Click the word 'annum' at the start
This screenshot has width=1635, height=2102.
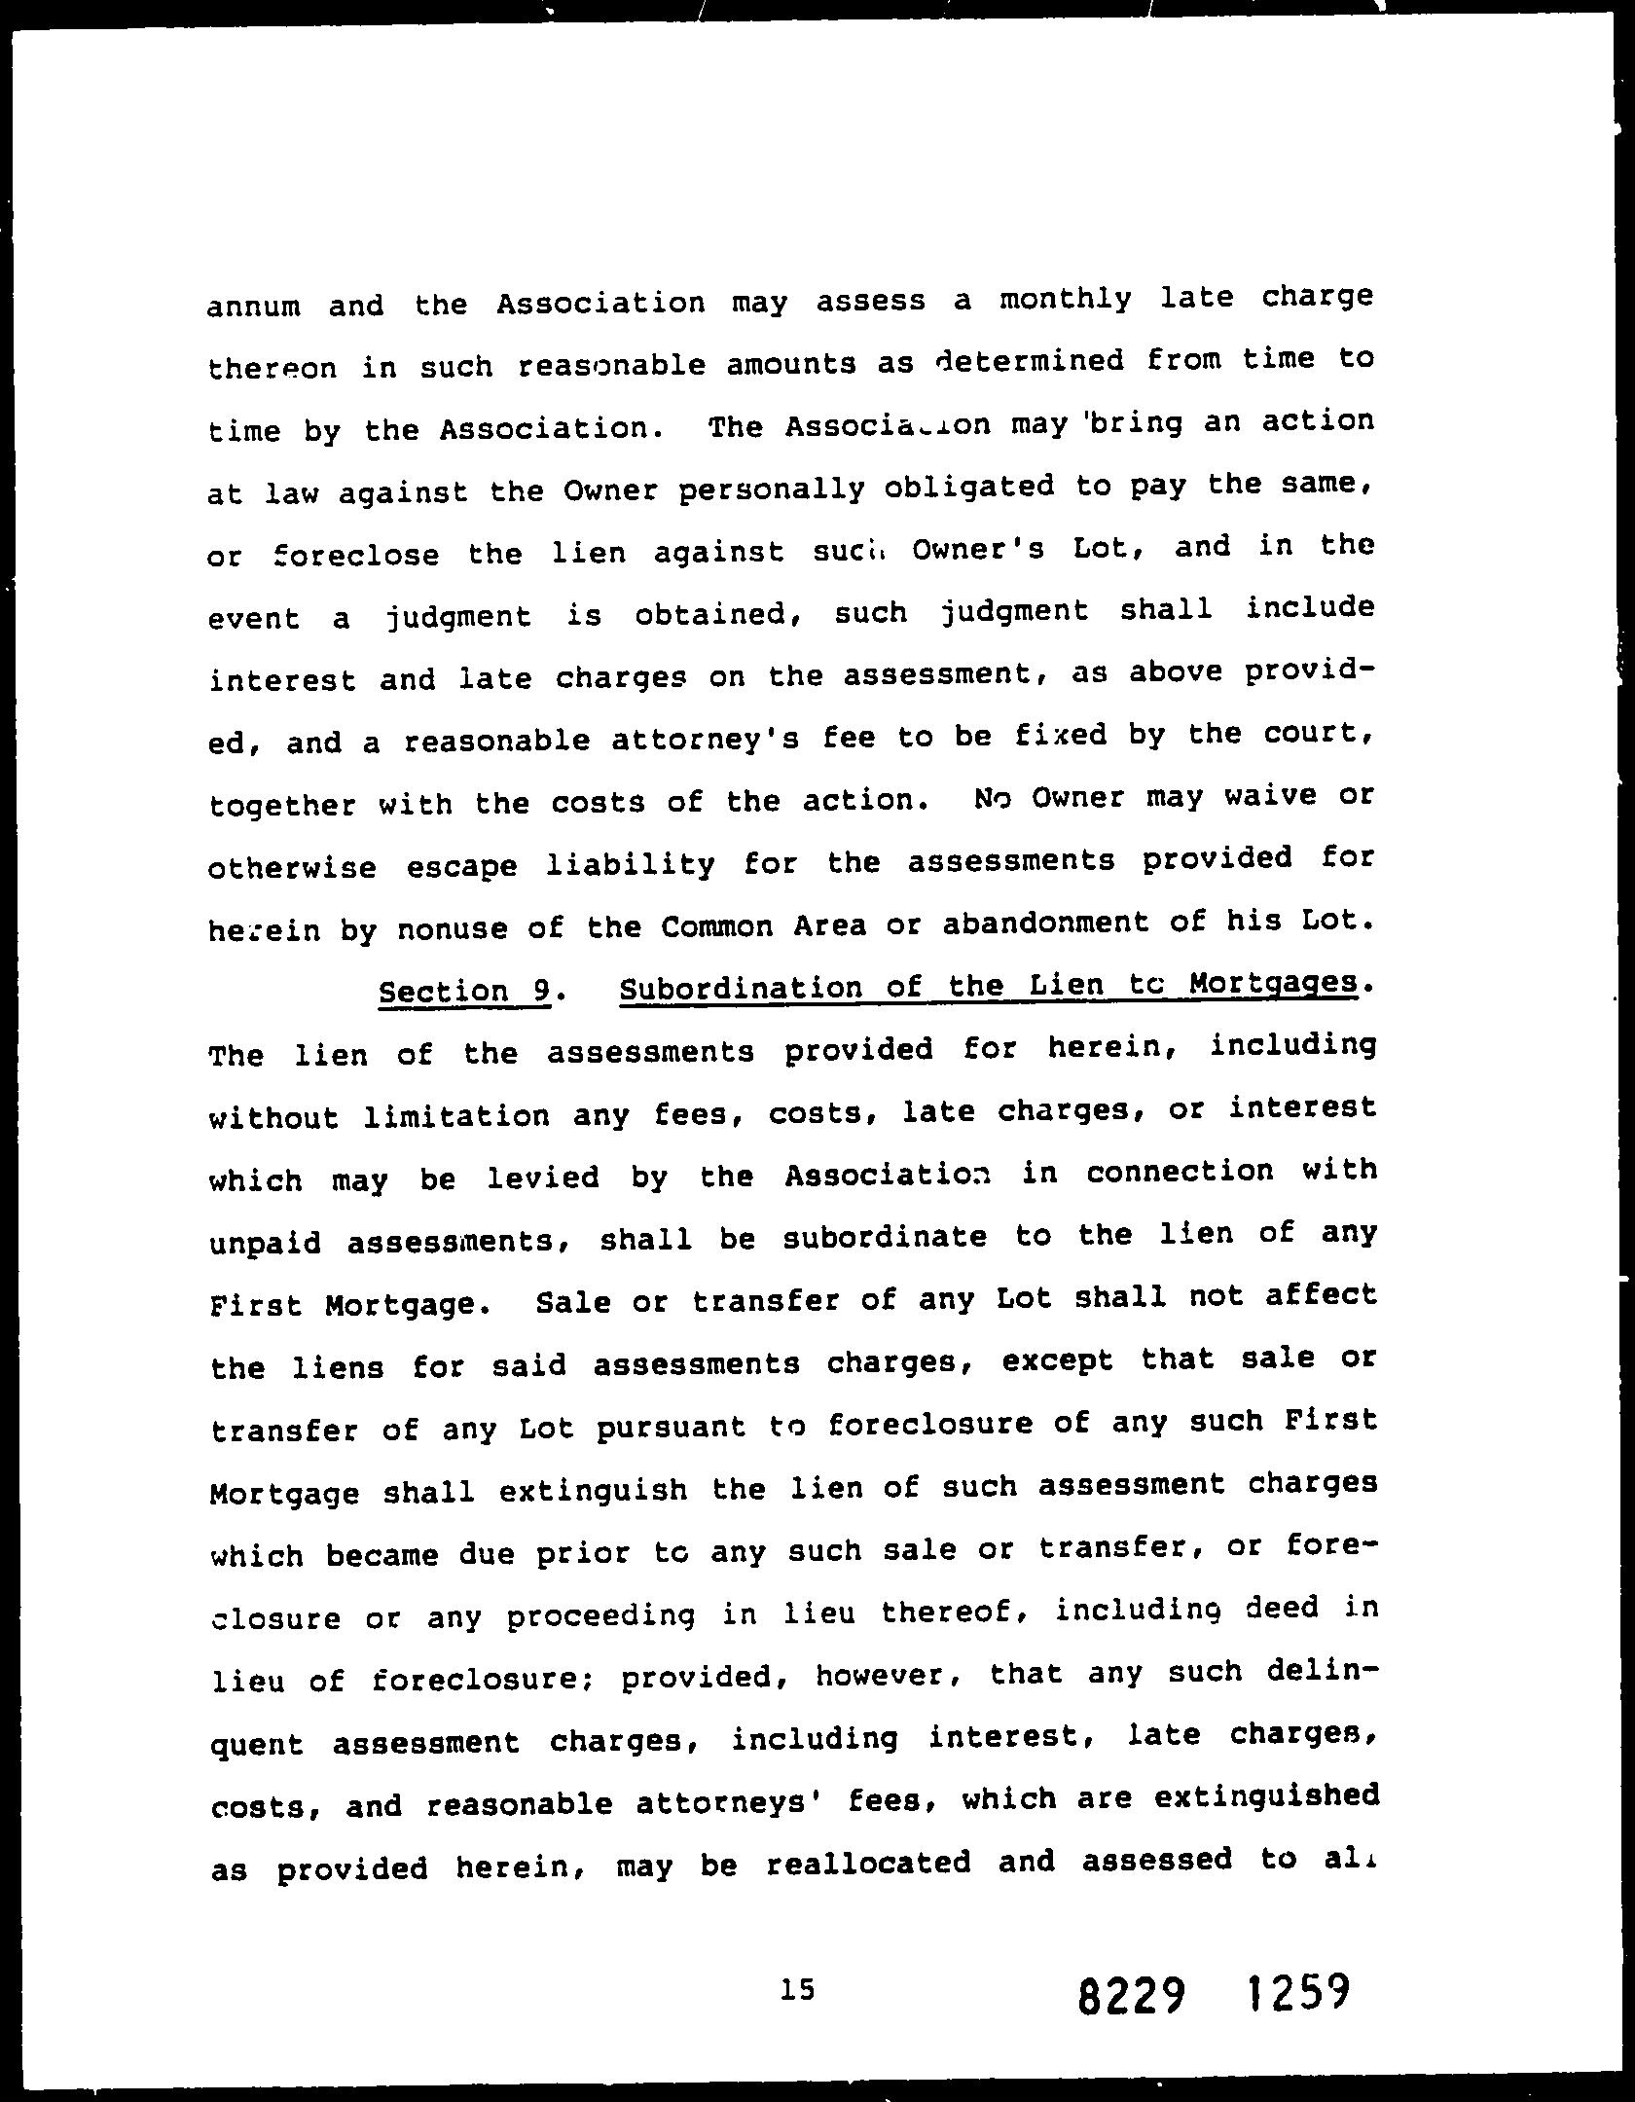click(254, 308)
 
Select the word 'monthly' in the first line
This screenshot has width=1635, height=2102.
click(1066, 299)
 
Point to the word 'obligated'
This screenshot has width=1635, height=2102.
click(968, 487)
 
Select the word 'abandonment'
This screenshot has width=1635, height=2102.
click(1045, 924)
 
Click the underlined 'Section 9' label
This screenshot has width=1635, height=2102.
click(464, 991)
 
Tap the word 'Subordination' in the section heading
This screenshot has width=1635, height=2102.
click(739, 989)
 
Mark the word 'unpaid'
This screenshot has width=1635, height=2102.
click(265, 1243)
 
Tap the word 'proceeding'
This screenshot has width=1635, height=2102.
click(600, 1616)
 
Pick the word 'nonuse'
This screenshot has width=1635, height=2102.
click(451, 929)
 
